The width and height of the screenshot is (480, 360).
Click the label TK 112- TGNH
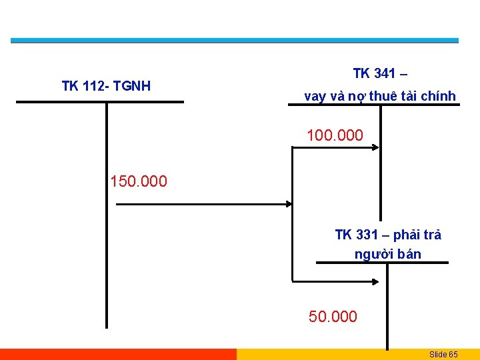(x=106, y=86)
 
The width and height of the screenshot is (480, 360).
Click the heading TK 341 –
(x=383, y=73)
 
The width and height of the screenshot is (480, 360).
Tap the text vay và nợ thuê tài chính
(x=380, y=97)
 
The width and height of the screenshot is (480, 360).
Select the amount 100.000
(x=335, y=136)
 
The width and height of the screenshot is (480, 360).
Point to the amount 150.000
(x=139, y=181)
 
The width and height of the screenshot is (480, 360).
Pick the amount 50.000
(x=333, y=317)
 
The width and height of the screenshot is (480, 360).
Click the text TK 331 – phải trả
(x=388, y=235)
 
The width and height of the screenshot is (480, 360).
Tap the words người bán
(x=388, y=254)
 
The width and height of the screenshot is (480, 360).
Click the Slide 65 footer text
(x=443, y=354)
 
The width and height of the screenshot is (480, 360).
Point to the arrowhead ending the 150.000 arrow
(x=289, y=204)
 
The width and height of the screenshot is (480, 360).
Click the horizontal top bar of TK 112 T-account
(x=100, y=102)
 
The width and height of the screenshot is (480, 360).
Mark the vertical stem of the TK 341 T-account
(x=380, y=167)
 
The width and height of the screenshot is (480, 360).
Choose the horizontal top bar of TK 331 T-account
(x=382, y=263)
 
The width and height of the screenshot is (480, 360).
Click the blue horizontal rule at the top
(x=235, y=41)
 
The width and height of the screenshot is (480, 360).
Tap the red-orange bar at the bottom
(x=118, y=354)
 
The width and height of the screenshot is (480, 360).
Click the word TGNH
(x=132, y=86)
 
